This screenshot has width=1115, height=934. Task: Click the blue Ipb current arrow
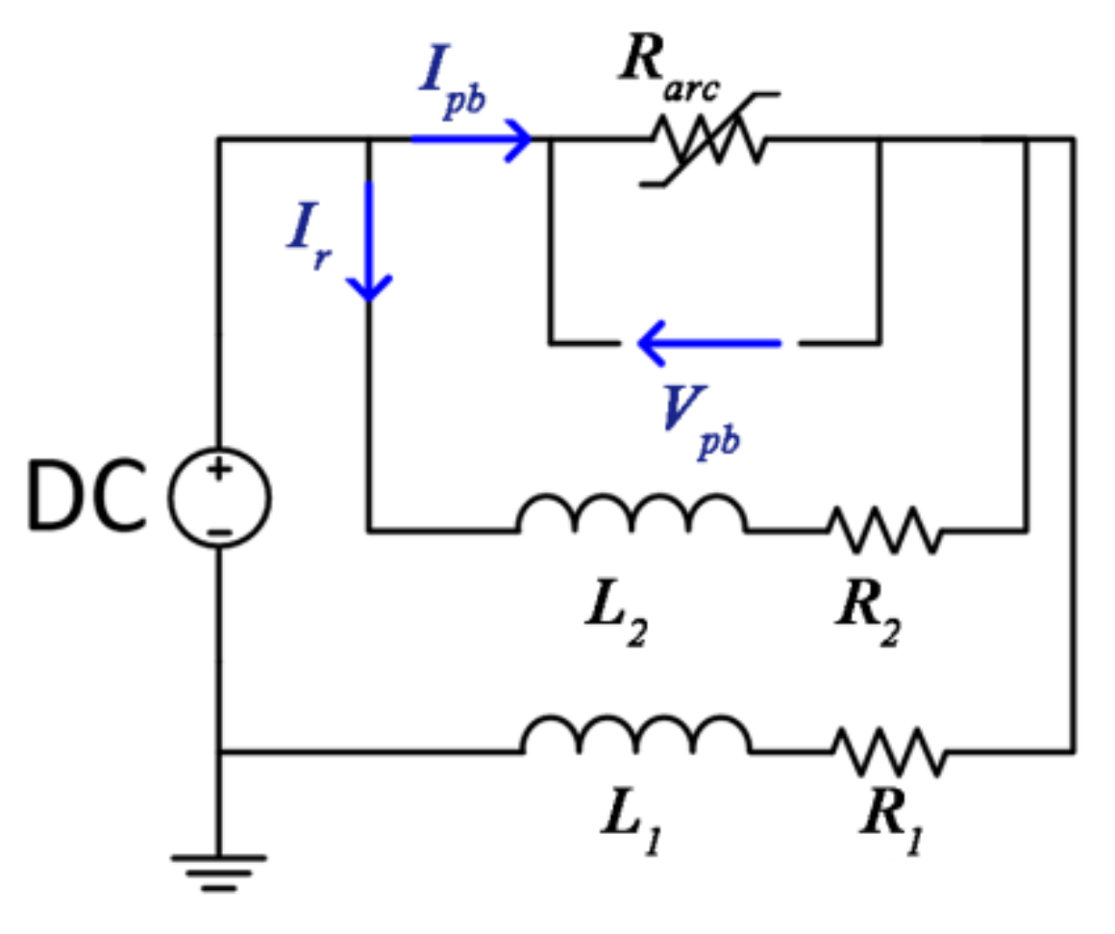click(x=471, y=139)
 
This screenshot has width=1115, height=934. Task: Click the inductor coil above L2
click(x=632, y=517)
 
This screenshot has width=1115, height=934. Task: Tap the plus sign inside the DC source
click(x=220, y=472)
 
